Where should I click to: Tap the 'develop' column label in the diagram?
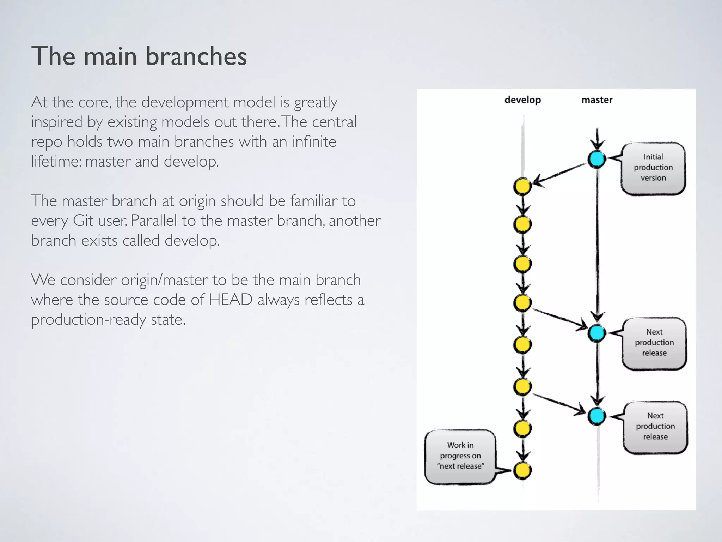tap(522, 100)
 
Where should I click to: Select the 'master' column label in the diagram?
tap(597, 100)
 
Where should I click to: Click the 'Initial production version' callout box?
tap(653, 168)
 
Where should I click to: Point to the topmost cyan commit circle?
tap(596, 159)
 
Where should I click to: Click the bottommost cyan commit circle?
tap(596, 416)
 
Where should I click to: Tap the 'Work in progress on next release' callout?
tap(460, 456)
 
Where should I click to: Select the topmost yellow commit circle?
tap(522, 187)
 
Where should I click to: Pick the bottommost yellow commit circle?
tap(522, 470)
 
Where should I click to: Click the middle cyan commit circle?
tap(596, 333)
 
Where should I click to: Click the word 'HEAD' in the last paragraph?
tap(231, 300)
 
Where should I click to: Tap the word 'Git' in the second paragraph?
tap(83, 221)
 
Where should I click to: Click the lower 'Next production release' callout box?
tap(655, 427)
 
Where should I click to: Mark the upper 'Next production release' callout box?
tap(654, 343)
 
